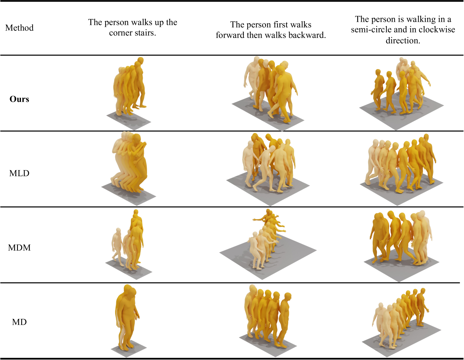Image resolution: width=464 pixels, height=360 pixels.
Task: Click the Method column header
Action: coord(20,28)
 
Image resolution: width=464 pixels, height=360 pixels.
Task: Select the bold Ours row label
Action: coord(19,99)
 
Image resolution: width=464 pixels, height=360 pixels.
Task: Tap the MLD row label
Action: coord(19,173)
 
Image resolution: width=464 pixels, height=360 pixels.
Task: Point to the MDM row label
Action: coord(19,248)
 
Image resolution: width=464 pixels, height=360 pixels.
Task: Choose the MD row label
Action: coord(19,322)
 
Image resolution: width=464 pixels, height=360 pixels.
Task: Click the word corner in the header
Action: coord(119,33)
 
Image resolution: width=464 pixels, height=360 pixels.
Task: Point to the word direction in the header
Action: coord(403,40)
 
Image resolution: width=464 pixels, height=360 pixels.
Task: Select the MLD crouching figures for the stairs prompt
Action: coord(129,162)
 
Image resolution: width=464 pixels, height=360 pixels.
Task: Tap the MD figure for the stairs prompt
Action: coord(127,317)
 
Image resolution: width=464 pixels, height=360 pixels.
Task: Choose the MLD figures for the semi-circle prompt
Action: coord(401,164)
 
